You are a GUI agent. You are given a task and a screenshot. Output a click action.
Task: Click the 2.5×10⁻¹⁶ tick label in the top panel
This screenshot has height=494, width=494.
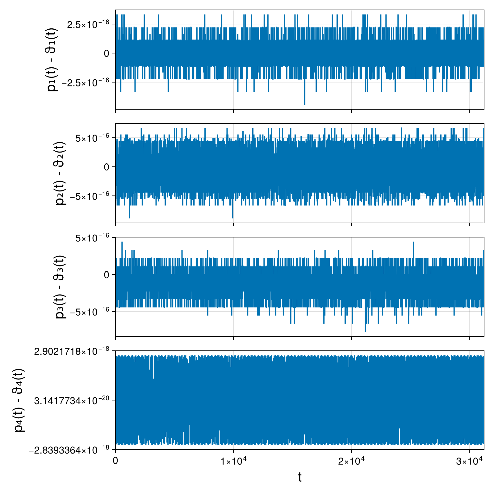tap(88, 24)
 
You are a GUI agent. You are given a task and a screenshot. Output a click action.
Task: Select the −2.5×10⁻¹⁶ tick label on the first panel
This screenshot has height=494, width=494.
tap(86, 82)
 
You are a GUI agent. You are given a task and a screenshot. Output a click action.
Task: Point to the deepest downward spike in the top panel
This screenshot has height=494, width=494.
tap(305, 104)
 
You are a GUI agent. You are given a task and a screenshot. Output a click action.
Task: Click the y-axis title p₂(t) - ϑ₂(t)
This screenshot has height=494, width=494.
tap(61, 173)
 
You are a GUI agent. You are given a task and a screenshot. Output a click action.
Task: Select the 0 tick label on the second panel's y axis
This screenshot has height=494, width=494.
tap(107, 167)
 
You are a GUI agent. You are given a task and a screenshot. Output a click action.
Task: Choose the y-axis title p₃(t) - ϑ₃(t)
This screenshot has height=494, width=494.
tap(61, 287)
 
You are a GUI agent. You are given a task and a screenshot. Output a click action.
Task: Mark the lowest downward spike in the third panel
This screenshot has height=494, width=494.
tap(365, 331)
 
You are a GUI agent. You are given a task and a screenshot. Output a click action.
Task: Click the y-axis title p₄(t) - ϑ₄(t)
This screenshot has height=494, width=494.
tap(20, 400)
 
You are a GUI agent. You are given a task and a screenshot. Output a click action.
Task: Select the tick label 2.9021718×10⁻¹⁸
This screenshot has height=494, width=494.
tap(72, 351)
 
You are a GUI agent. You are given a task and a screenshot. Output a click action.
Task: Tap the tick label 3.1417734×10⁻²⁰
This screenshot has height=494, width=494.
tap(72, 401)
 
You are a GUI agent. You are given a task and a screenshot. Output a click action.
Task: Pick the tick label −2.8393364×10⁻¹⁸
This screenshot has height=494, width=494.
tap(69, 450)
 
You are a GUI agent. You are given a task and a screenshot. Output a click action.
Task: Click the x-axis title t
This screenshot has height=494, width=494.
tap(300, 477)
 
